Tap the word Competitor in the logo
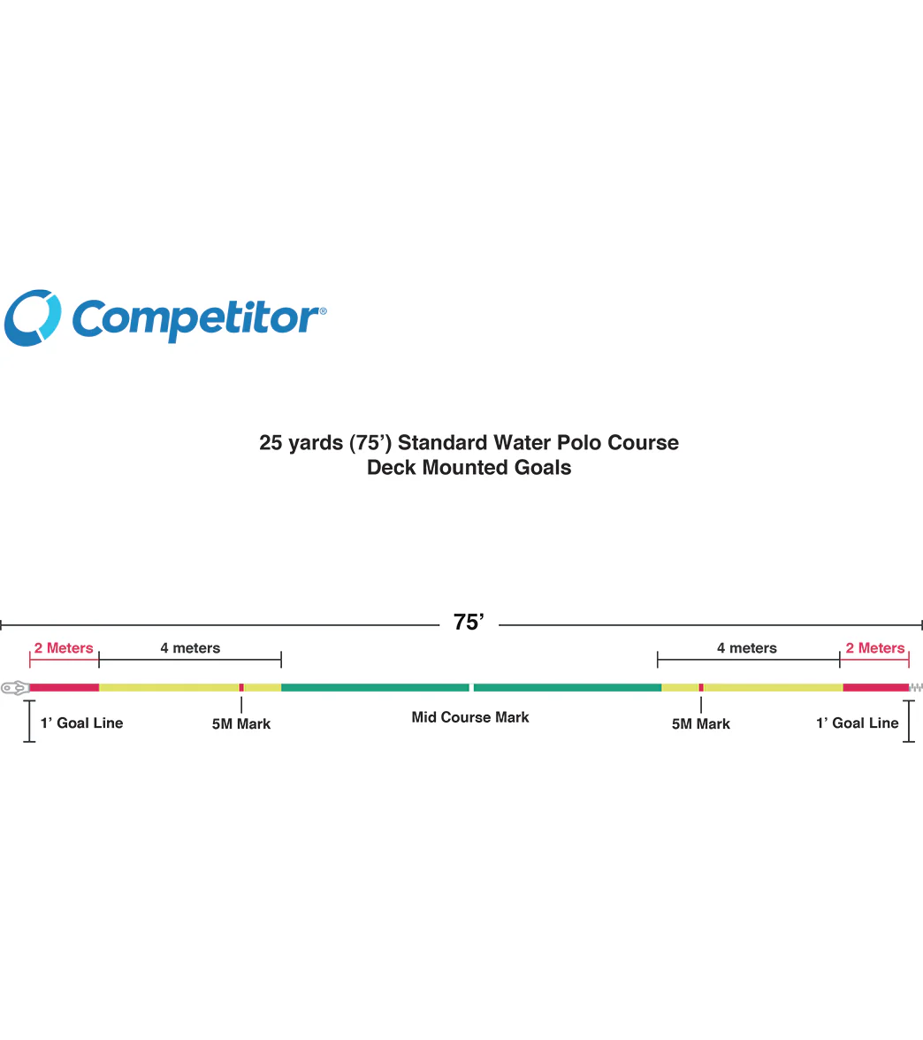(x=199, y=320)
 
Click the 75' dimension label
(x=469, y=623)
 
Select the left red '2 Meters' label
(x=64, y=648)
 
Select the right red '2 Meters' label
(x=874, y=648)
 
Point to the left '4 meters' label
(x=190, y=648)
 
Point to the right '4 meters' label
(x=746, y=648)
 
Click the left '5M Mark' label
(x=241, y=723)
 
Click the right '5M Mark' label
(x=701, y=723)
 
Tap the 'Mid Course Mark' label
(x=470, y=717)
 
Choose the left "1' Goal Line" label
(x=81, y=723)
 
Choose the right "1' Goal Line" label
(x=858, y=723)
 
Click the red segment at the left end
(x=65, y=688)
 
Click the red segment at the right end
(x=876, y=688)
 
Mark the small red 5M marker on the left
(x=241, y=688)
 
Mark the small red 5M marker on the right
(x=701, y=688)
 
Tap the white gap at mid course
(x=471, y=688)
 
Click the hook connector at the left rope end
(x=14, y=688)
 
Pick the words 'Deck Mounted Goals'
(x=469, y=467)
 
